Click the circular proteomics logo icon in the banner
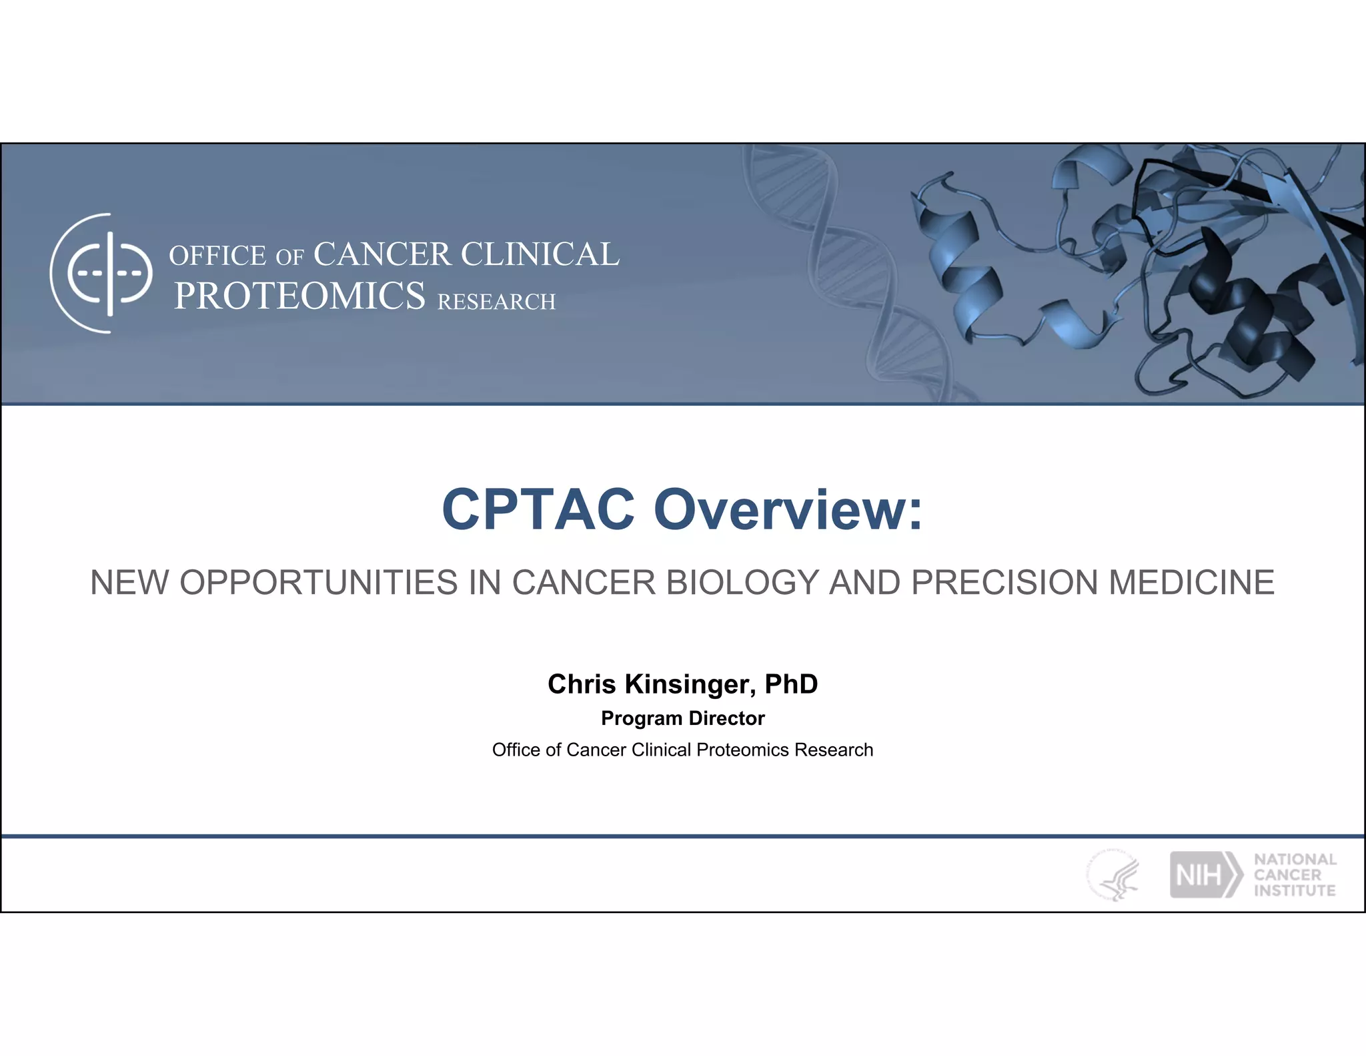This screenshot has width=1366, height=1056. (x=101, y=273)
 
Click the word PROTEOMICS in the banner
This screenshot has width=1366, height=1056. (x=299, y=296)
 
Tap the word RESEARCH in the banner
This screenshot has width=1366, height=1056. (x=496, y=302)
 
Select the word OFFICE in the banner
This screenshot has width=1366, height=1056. (x=217, y=256)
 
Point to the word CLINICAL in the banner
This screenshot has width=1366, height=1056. (x=540, y=254)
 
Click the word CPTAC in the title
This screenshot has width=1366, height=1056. (x=538, y=509)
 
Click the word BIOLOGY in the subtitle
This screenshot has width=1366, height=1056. (x=742, y=582)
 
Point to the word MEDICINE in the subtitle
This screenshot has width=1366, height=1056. (x=1191, y=582)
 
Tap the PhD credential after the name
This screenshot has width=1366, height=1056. (x=791, y=684)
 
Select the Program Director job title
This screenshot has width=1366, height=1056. (x=682, y=718)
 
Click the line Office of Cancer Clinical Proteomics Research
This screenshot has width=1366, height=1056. (x=682, y=750)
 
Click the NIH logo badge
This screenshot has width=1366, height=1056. (x=1205, y=874)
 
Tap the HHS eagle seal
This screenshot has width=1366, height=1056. (x=1113, y=875)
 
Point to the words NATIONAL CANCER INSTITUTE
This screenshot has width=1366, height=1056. (x=1295, y=874)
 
